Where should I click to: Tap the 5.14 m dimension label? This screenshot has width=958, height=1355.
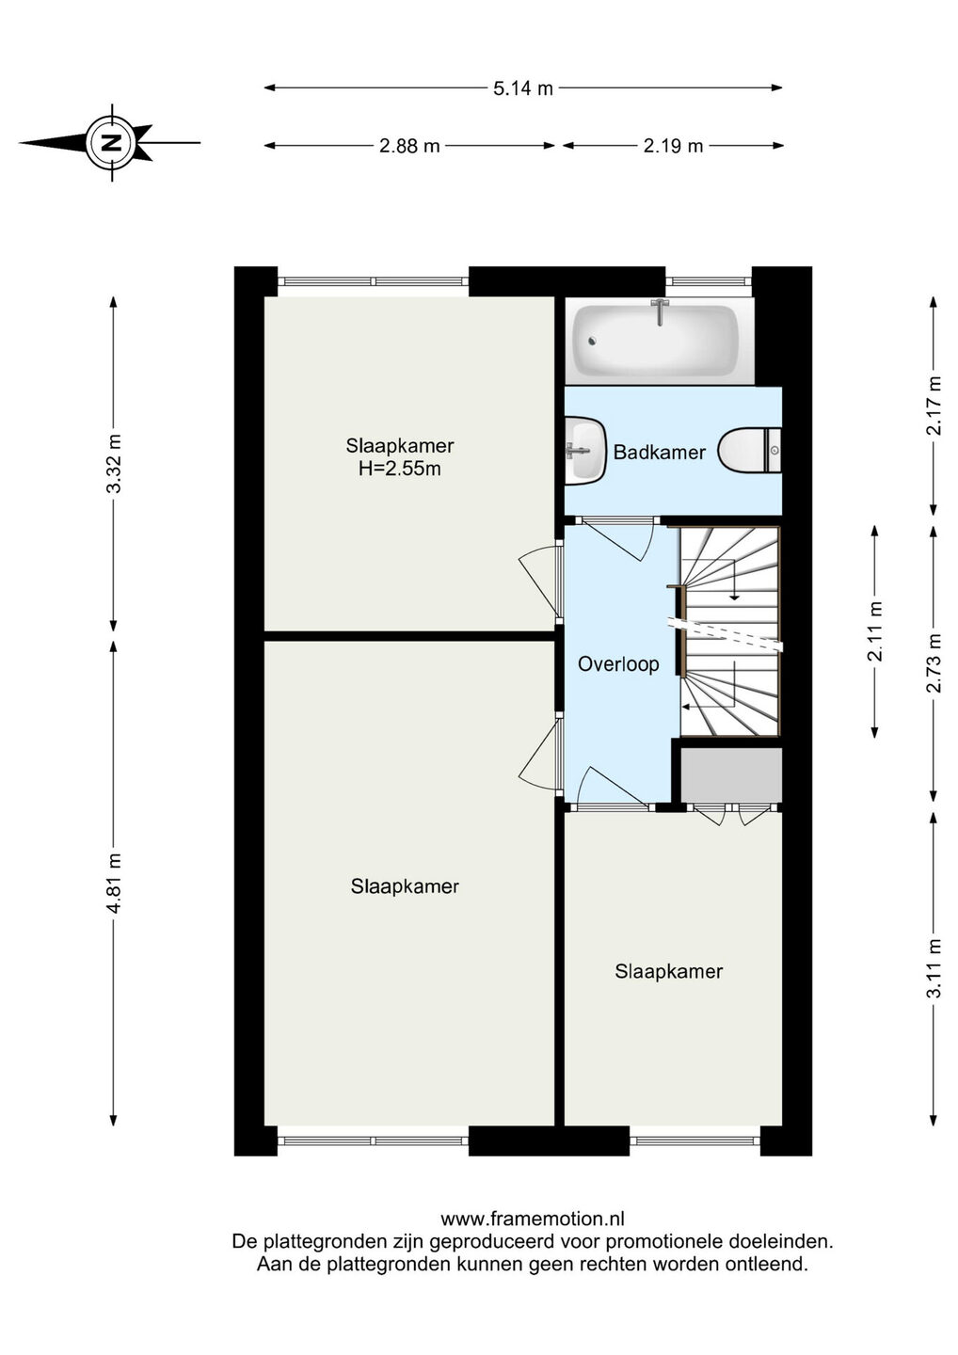pos(523,88)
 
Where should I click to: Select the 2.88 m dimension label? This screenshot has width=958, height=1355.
pos(409,146)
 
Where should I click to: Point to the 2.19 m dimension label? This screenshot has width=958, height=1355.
pos(673,146)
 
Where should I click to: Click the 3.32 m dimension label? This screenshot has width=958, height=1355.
pos(114,463)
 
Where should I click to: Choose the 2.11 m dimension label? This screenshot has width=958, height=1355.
pos(874,630)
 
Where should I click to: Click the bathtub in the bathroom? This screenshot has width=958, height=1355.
pos(656,340)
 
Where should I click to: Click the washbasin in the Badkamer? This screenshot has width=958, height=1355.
pos(584,451)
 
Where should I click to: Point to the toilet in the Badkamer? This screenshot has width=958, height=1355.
pos(750,450)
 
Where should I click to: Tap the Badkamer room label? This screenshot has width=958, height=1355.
pos(660,452)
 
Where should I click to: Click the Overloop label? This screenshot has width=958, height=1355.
pos(618,664)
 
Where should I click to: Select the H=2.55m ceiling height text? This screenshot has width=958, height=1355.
pos(400,469)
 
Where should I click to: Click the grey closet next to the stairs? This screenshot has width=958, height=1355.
pos(731,776)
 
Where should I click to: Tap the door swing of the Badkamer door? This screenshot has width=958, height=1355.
pos(624,542)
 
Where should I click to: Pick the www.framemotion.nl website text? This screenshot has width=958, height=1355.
pos(533,1218)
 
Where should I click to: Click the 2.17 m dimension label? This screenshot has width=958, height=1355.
pos(934,406)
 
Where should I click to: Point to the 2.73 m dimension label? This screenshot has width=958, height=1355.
pos(934,663)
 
